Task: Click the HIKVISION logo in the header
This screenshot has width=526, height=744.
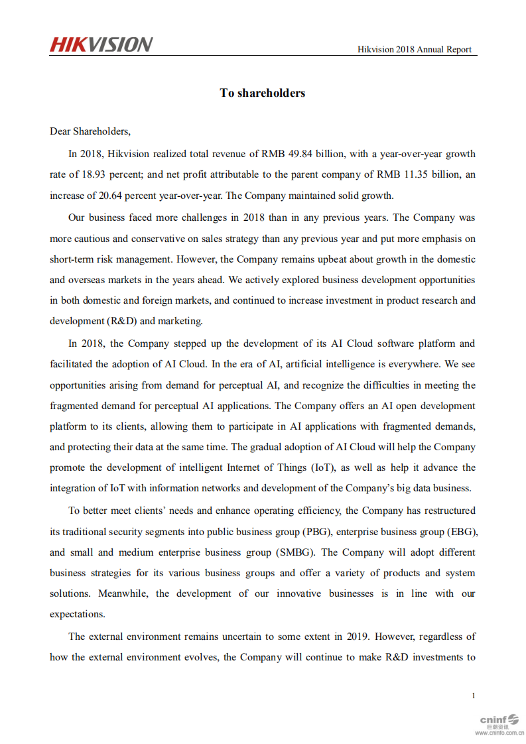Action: click(101, 44)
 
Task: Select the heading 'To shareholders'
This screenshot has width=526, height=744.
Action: click(263, 93)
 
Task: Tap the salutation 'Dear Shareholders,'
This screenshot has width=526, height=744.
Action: click(90, 131)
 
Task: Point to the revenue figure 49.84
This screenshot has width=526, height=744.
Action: click(300, 154)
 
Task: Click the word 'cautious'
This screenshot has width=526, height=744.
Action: click(91, 239)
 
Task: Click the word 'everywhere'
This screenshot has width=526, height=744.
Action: click(417, 364)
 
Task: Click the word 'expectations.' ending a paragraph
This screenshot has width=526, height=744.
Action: click(78, 614)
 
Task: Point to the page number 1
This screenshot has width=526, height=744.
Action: click(474, 696)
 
